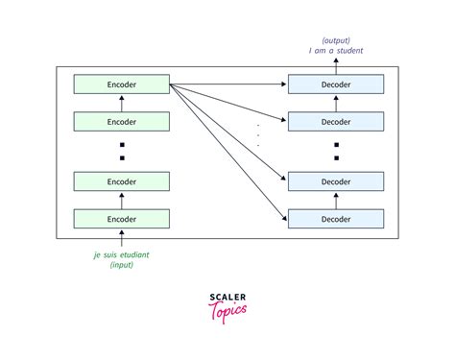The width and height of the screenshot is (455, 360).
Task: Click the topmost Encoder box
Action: pos(122,85)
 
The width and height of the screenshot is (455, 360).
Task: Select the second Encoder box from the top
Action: pos(122,122)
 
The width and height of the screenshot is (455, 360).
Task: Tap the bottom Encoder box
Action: pos(122,218)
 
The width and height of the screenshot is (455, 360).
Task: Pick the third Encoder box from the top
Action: pos(122,181)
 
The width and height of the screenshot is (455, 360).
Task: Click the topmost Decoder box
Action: pos(336,85)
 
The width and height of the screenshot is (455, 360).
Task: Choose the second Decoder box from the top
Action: pos(336,122)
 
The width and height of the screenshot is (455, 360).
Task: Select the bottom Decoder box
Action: pos(336,218)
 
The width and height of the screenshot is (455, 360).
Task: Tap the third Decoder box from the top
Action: pos(336,181)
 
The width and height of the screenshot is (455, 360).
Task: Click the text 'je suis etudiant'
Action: pos(122,254)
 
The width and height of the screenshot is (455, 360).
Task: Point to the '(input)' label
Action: pos(122,265)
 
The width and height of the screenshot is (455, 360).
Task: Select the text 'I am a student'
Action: pos(336,50)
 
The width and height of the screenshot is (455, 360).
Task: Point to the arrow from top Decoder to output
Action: pos(336,65)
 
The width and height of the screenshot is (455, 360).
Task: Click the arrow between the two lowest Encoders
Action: pos(122,200)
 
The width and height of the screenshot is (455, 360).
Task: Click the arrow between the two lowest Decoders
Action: pos(336,200)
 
